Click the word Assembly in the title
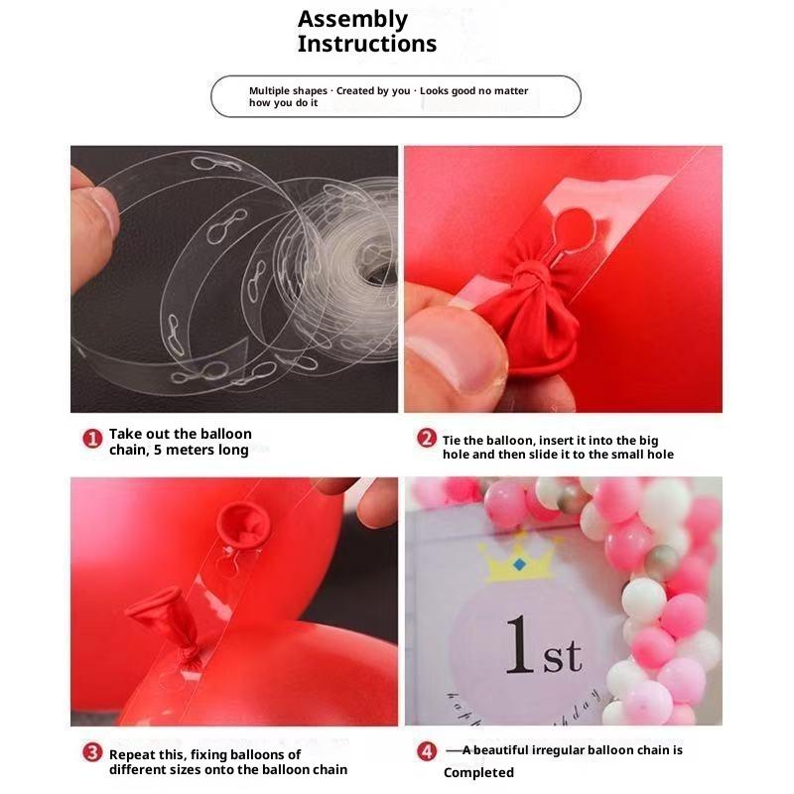click(x=352, y=20)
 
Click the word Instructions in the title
click(x=367, y=44)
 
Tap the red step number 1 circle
click(x=92, y=439)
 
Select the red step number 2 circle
click(x=427, y=438)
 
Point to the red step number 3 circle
click(x=92, y=752)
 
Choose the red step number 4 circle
click(x=427, y=751)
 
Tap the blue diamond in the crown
click(x=519, y=564)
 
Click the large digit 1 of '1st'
click(x=520, y=644)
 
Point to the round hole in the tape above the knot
click(x=575, y=227)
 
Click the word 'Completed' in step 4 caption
click(x=478, y=773)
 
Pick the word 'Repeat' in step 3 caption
click(x=133, y=755)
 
